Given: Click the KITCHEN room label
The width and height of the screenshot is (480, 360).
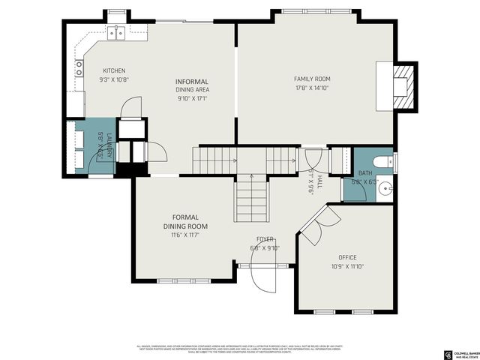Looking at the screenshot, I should pos(114,70).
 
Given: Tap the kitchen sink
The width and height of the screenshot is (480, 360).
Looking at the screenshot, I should pos(115,32).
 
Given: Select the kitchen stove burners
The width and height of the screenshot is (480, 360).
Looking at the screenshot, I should pos(78,68).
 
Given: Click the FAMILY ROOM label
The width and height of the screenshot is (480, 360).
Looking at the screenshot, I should pos(312,79).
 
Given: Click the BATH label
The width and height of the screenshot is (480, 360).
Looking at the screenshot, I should pos(364,173).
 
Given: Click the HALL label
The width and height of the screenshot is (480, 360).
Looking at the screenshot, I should pos(319,181).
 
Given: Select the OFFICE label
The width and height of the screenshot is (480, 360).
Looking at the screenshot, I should pos(347,257).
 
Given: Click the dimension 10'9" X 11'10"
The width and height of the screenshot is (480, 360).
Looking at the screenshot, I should pos(346,266).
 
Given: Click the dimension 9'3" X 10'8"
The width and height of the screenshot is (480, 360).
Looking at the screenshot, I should pos(114,79).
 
